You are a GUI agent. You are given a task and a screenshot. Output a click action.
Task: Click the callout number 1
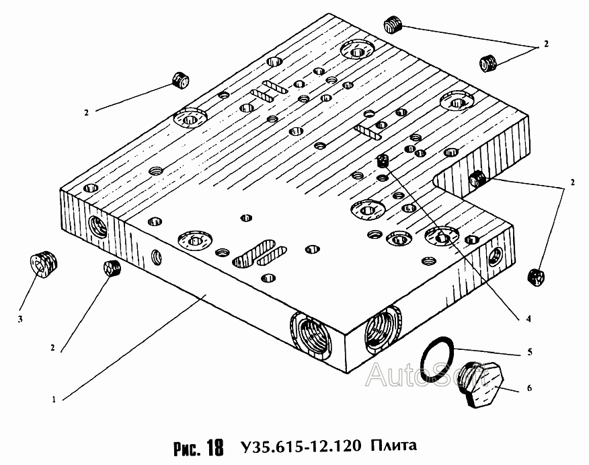tap(54, 400)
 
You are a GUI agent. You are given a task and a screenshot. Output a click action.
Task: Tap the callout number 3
tap(20, 319)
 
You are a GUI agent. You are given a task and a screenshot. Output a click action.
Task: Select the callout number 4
tap(528, 319)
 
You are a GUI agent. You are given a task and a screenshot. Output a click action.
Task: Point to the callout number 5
tap(530, 352)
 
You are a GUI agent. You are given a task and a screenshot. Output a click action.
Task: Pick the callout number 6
tap(530, 388)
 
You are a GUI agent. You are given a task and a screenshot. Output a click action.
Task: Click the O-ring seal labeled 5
tap(437, 359)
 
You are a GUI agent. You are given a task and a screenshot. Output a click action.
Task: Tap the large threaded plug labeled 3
tap(43, 264)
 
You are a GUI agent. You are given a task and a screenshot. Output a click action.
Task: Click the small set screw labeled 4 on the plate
tap(383, 161)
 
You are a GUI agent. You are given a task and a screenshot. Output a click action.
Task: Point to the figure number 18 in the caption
tap(215, 448)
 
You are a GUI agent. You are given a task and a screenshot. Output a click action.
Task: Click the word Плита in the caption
tap(394, 445)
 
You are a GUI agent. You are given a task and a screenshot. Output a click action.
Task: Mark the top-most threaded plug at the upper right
tap(393, 24)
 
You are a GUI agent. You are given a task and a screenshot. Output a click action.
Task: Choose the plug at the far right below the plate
tap(536, 277)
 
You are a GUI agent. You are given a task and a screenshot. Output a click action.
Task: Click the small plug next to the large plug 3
tap(112, 268)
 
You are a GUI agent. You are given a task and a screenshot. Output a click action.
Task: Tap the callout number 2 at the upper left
tap(86, 112)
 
